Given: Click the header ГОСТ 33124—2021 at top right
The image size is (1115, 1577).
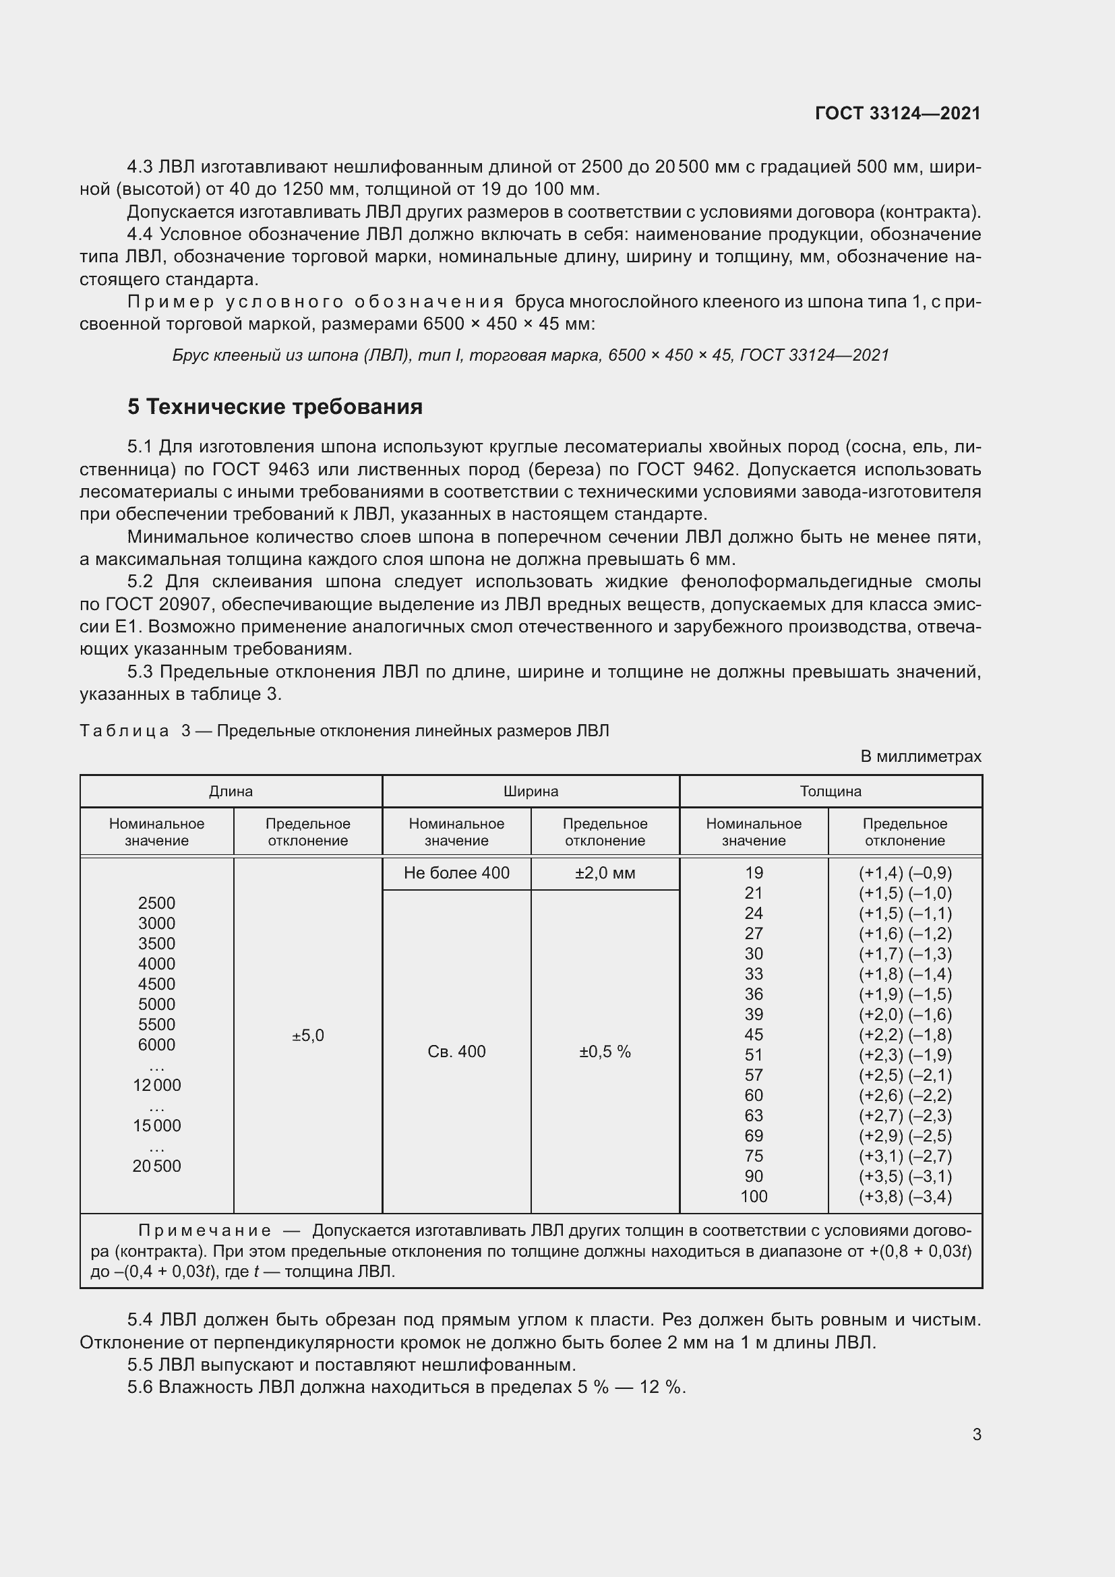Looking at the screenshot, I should point(897,113).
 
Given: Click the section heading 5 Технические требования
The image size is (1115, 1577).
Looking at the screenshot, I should point(274,407).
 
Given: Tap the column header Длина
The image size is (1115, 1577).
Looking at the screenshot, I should point(231,792).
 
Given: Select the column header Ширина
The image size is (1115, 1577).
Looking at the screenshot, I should point(531,792).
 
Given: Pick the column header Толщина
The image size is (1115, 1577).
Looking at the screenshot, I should point(830,792).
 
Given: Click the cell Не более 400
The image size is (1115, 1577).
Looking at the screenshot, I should point(456,873).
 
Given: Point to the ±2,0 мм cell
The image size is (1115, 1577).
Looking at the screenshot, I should point(605,873).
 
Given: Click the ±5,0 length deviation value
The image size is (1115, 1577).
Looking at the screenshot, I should point(307,1035).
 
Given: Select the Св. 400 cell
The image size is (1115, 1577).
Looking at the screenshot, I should point(456,1052).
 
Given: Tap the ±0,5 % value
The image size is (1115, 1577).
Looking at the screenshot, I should point(605,1052).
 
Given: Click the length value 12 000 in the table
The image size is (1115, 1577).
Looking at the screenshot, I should point(156,1085).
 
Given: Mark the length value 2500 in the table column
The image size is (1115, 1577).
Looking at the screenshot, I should point(156,903).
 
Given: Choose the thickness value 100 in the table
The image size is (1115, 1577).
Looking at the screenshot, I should point(753,1197).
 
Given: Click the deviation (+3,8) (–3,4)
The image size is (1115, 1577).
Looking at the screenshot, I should point(905,1197).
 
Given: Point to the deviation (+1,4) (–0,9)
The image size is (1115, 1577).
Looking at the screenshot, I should point(905,873).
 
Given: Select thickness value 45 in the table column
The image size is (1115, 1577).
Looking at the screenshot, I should point(753,1034).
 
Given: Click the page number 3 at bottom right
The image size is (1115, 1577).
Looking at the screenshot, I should point(976,1434).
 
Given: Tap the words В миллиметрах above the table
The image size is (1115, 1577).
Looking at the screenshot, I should point(921,756).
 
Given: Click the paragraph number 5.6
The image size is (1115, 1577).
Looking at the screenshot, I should point(140,1387).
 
